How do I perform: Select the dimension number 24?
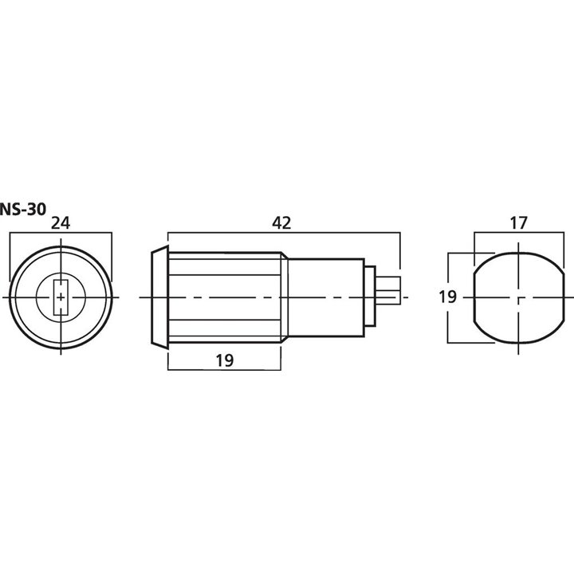click(60, 224)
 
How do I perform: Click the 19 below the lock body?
click(223, 360)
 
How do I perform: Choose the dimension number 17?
click(518, 224)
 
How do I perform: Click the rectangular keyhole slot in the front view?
click(60, 297)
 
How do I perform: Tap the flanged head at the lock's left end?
click(159, 297)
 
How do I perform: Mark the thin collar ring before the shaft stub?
click(370, 297)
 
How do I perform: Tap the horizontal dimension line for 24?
click(60, 233)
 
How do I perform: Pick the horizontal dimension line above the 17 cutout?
click(518, 233)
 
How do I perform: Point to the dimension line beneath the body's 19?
click(223, 370)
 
